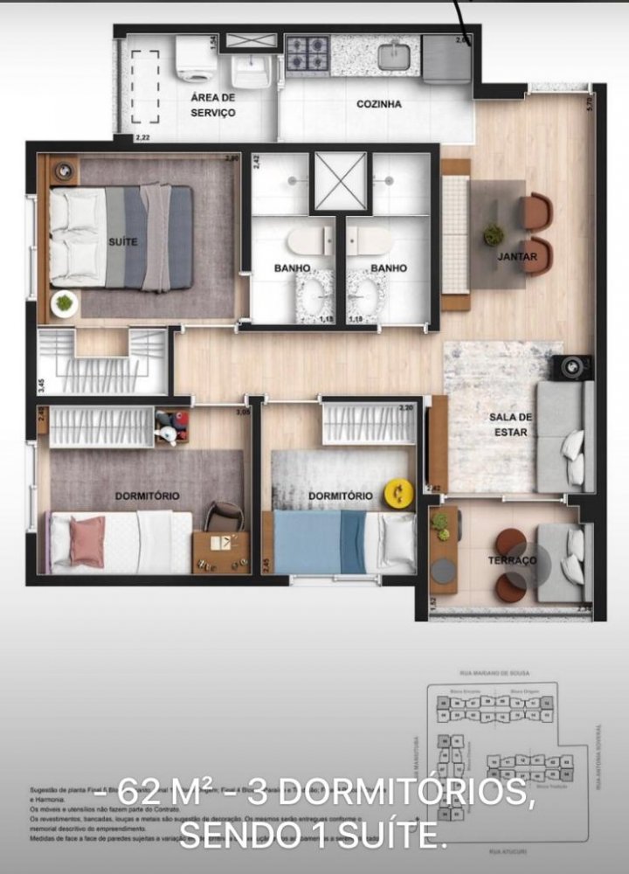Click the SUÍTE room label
[x=123, y=241]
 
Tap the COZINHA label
[x=379, y=104]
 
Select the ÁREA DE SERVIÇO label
[x=213, y=105]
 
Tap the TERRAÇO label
[x=512, y=560]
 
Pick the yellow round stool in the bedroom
[x=398, y=494]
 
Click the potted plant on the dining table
[x=494, y=234]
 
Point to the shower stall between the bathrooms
[x=340, y=181]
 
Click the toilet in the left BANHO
[x=310, y=240]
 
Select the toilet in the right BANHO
[x=371, y=240]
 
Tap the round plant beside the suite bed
[x=64, y=304]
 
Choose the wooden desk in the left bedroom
[x=219, y=551]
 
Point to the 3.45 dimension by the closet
[x=42, y=381]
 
